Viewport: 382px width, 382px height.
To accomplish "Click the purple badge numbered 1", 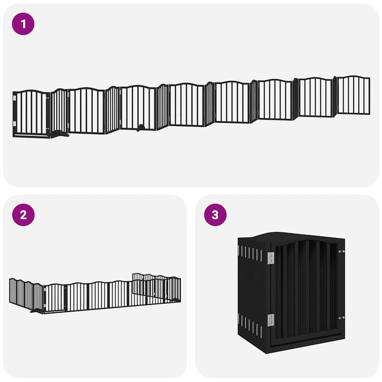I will tap(23, 24).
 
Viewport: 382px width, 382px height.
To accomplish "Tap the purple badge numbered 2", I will tap(23, 214).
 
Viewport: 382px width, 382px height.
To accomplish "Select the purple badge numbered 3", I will tap(215, 214).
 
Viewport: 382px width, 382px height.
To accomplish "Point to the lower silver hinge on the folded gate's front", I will tap(270, 320).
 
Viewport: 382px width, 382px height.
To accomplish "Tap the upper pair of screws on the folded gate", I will tap(342, 252).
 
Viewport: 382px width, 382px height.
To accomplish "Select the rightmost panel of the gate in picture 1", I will tap(353, 95).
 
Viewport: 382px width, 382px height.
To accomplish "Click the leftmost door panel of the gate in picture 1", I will tap(32, 112).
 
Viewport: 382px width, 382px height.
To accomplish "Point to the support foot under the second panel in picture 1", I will tap(62, 133).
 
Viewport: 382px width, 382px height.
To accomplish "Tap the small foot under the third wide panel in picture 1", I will tap(141, 129).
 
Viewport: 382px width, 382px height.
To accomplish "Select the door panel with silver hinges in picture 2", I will tap(55, 298).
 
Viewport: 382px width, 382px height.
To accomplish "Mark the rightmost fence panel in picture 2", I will tap(175, 289).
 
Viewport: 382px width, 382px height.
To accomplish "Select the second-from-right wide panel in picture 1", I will tap(316, 98).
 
